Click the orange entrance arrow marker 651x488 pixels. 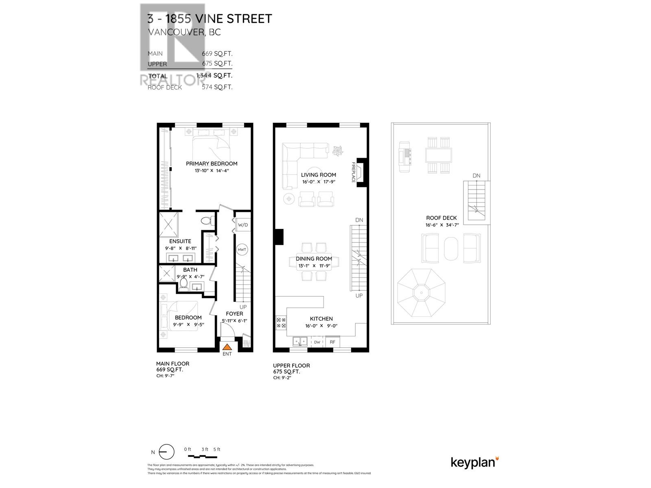coord(227,347)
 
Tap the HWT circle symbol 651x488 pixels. coord(242,250)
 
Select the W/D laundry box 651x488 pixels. coord(242,225)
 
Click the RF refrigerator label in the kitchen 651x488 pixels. coord(332,342)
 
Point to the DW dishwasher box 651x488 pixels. coord(317,342)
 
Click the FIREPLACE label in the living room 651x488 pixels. coord(354,172)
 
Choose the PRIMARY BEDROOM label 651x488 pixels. coord(212,163)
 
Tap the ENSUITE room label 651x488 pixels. coord(180,241)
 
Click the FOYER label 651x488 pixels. coord(234,314)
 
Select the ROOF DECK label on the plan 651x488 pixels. coord(441,218)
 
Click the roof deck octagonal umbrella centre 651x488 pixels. coord(421,292)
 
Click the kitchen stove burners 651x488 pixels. coord(281,323)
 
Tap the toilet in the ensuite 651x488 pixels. coord(206,221)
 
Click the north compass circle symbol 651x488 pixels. coord(166,452)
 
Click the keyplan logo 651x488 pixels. coord(474,462)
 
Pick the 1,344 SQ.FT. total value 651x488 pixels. coord(214,75)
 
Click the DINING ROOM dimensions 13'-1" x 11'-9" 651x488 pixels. coord(314,266)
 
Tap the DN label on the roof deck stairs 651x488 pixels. coord(476,176)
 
